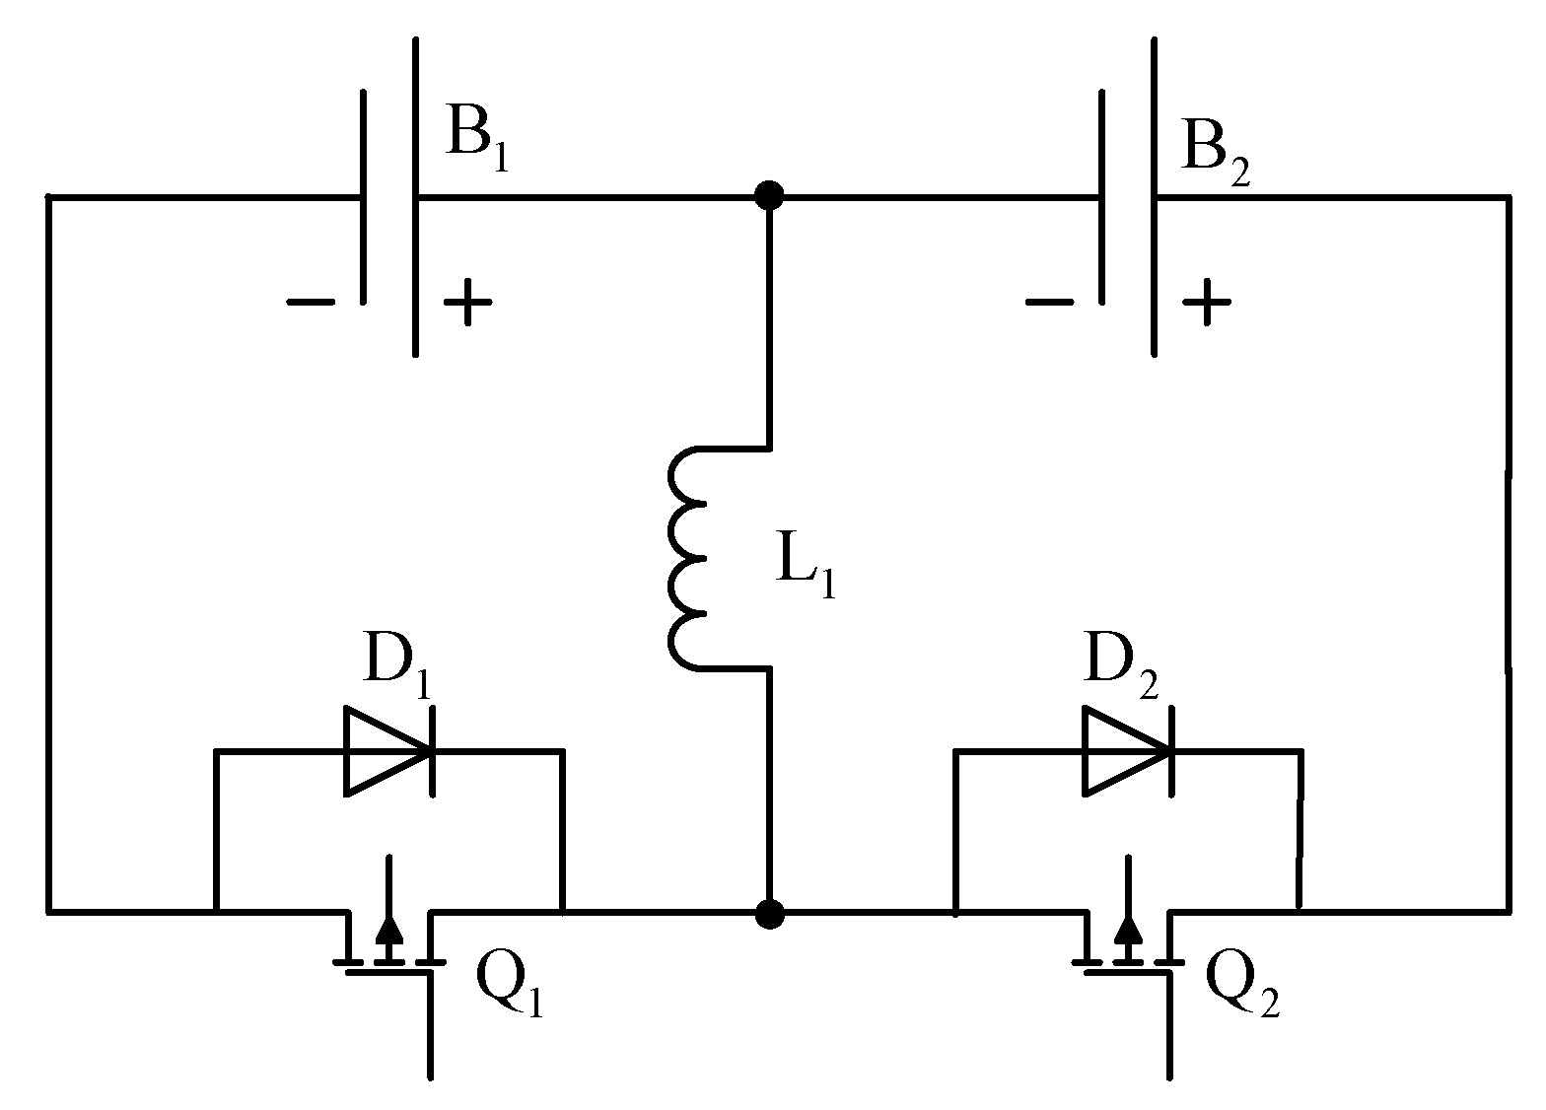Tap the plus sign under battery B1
(x=466, y=303)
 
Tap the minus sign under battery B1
(x=311, y=302)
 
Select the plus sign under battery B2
(x=1206, y=302)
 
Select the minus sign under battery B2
(x=1049, y=302)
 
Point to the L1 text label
(x=805, y=570)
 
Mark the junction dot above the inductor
(x=769, y=196)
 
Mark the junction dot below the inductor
(x=769, y=914)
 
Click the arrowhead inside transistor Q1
(x=390, y=930)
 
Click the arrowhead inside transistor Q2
(x=1128, y=930)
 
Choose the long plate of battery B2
(x=1153, y=196)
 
